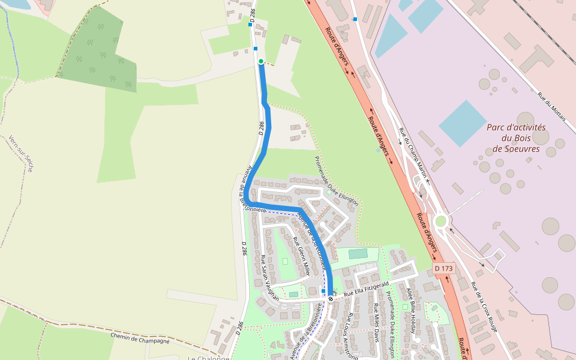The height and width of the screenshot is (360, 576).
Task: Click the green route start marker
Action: click(x=261, y=61)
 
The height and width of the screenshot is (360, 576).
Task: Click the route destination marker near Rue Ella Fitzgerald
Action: click(x=330, y=298)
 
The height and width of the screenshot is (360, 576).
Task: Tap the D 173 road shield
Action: click(x=443, y=268)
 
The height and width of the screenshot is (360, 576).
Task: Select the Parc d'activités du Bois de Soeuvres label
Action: click(x=516, y=138)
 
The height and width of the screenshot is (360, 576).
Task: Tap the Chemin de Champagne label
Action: click(x=140, y=338)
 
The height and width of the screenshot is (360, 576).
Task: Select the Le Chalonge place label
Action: click(x=208, y=358)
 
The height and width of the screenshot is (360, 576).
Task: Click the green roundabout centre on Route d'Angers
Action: click(x=440, y=221)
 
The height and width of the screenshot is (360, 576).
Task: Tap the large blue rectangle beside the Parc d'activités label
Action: click(x=463, y=124)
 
